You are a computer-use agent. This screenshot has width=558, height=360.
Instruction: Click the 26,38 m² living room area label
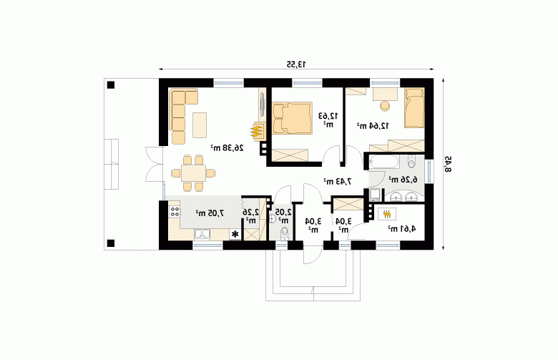click(227, 147)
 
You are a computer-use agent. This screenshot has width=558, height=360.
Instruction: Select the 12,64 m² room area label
click(373, 125)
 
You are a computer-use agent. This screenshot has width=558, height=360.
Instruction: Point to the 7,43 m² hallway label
click(338, 181)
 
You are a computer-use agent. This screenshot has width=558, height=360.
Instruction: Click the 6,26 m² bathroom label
click(403, 180)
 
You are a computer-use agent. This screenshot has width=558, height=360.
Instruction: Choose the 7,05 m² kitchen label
click(210, 213)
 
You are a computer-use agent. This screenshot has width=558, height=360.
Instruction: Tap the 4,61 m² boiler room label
click(402, 228)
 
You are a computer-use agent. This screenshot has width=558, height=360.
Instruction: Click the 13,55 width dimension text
click(296, 64)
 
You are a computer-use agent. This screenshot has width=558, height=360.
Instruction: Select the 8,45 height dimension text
click(448, 164)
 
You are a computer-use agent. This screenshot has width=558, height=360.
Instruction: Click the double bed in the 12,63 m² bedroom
click(292, 118)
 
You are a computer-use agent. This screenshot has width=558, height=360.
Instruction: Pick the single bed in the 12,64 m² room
click(414, 107)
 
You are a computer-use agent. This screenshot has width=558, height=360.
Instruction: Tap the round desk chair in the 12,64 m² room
click(385, 106)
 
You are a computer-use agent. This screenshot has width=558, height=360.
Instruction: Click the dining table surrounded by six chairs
click(193, 173)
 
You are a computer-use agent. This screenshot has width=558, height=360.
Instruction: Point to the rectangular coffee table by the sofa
click(200, 125)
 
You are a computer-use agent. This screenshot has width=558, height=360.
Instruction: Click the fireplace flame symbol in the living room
click(257, 132)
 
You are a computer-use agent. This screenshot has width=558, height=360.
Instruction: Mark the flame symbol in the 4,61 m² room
click(387, 214)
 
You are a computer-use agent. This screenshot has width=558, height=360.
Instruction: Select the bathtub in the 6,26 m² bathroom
click(383, 162)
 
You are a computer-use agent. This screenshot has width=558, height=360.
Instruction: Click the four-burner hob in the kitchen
click(175, 213)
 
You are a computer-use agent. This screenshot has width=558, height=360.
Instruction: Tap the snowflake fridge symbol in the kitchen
click(235, 234)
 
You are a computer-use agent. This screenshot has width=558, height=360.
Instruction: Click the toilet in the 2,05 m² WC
click(284, 233)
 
